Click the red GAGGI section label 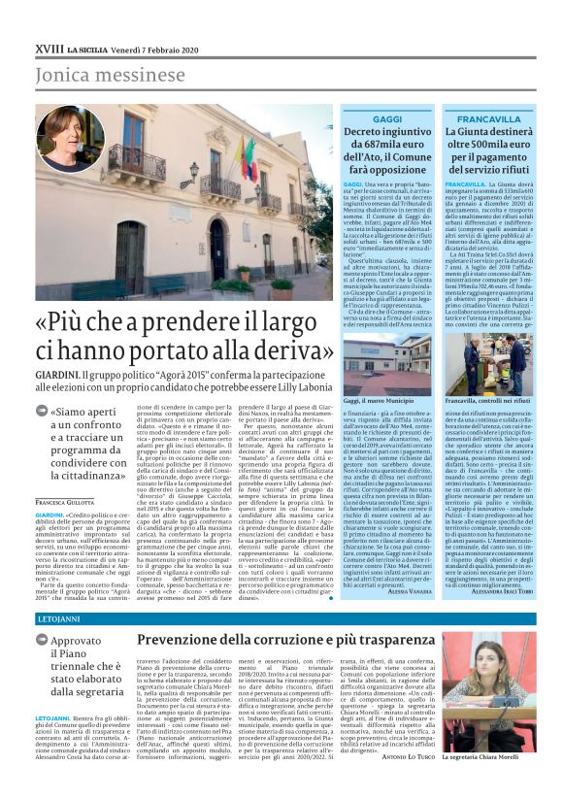387,118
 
